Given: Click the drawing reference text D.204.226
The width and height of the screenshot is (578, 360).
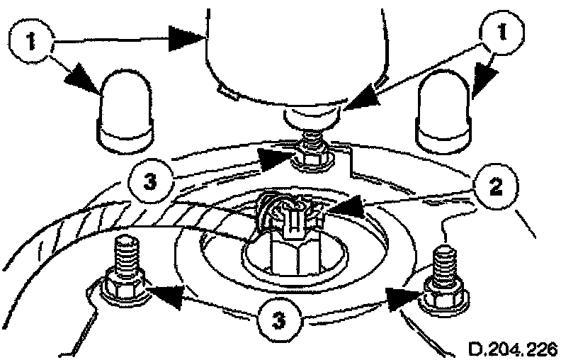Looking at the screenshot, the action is point(513,349).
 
